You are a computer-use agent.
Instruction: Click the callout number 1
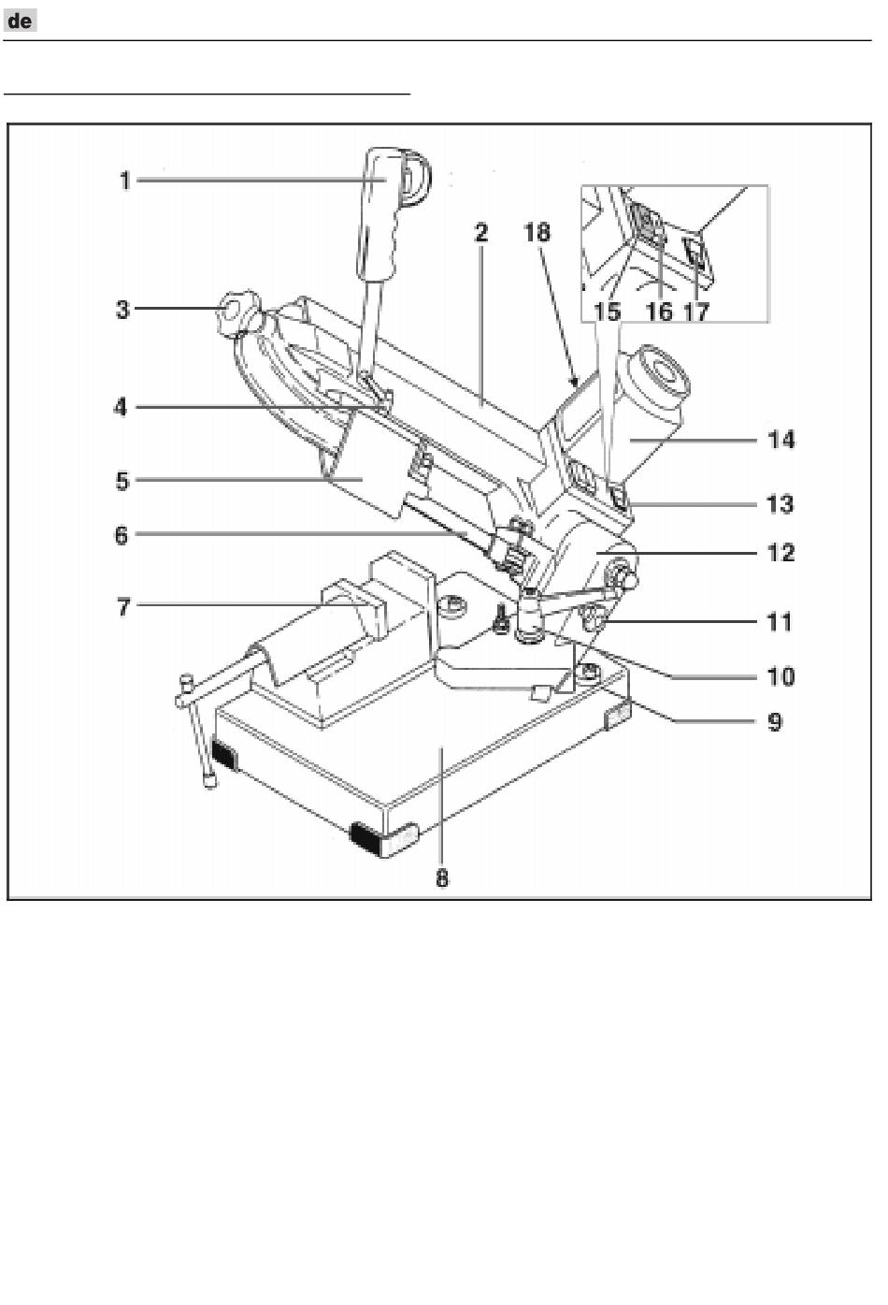[124, 181]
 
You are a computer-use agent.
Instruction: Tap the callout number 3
[122, 310]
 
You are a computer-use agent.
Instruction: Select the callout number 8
[442, 878]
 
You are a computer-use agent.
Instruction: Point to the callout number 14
[781, 440]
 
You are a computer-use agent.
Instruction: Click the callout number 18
[537, 232]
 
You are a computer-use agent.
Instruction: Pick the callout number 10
[781, 676]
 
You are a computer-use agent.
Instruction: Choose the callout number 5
[122, 481]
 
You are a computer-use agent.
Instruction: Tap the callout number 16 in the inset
[660, 312]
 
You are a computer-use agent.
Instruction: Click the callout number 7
[122, 607]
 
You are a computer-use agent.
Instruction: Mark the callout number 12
[781, 552]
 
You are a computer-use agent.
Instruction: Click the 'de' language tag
[20, 22]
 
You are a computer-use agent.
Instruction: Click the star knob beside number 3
[238, 313]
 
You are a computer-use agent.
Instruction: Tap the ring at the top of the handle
[417, 177]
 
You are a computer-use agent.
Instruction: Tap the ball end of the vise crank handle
[209, 780]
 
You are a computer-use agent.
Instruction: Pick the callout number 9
[775, 722]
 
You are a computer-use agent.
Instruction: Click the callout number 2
[481, 232]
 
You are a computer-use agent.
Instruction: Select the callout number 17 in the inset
[696, 312]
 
